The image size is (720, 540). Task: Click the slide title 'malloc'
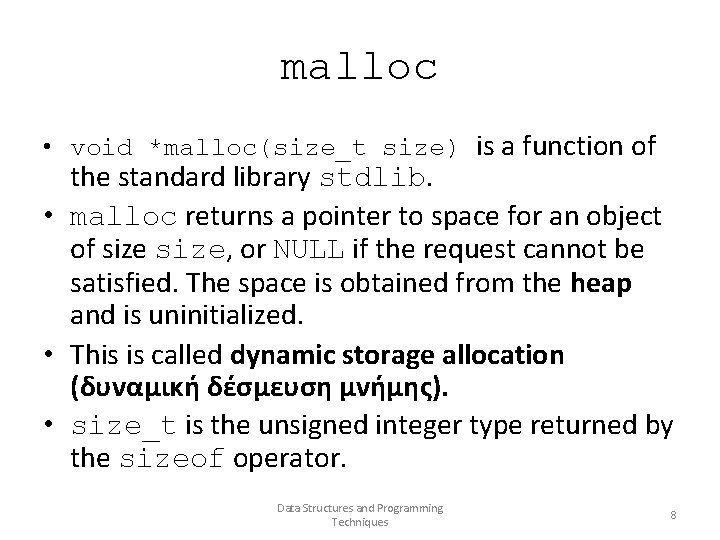coord(359,68)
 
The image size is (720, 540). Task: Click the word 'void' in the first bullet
coord(102,149)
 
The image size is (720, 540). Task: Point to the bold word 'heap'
coord(601,283)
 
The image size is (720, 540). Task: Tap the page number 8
coord(673,515)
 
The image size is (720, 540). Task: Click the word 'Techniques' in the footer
coord(359,522)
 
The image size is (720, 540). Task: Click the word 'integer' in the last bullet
coord(423,426)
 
